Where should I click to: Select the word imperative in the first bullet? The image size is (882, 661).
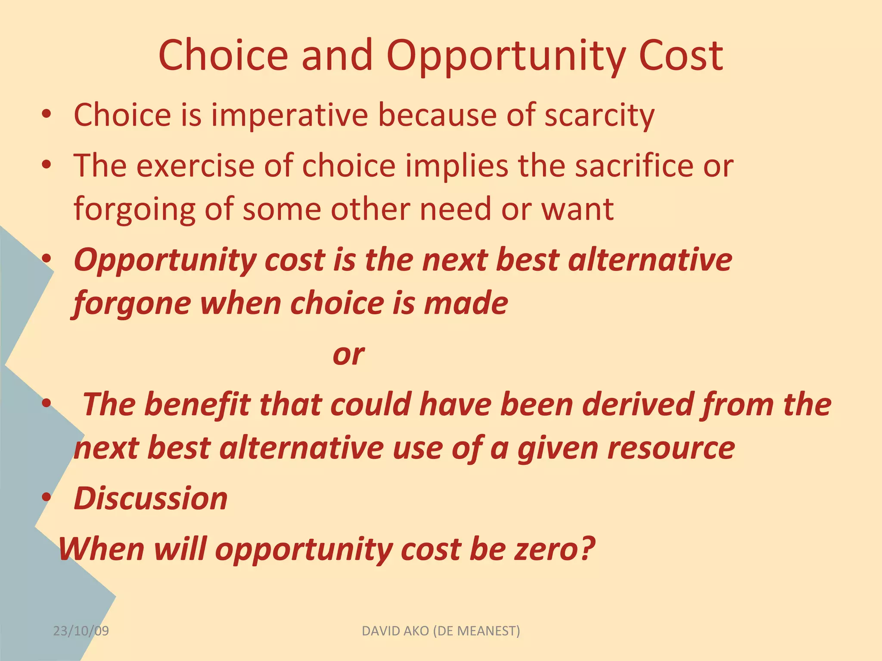[x=289, y=115]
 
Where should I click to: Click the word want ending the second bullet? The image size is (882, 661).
[x=577, y=210]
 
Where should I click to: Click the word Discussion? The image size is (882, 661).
[x=150, y=499]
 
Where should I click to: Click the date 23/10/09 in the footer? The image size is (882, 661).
[x=81, y=631]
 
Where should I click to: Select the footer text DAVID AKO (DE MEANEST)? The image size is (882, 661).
[x=441, y=631]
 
